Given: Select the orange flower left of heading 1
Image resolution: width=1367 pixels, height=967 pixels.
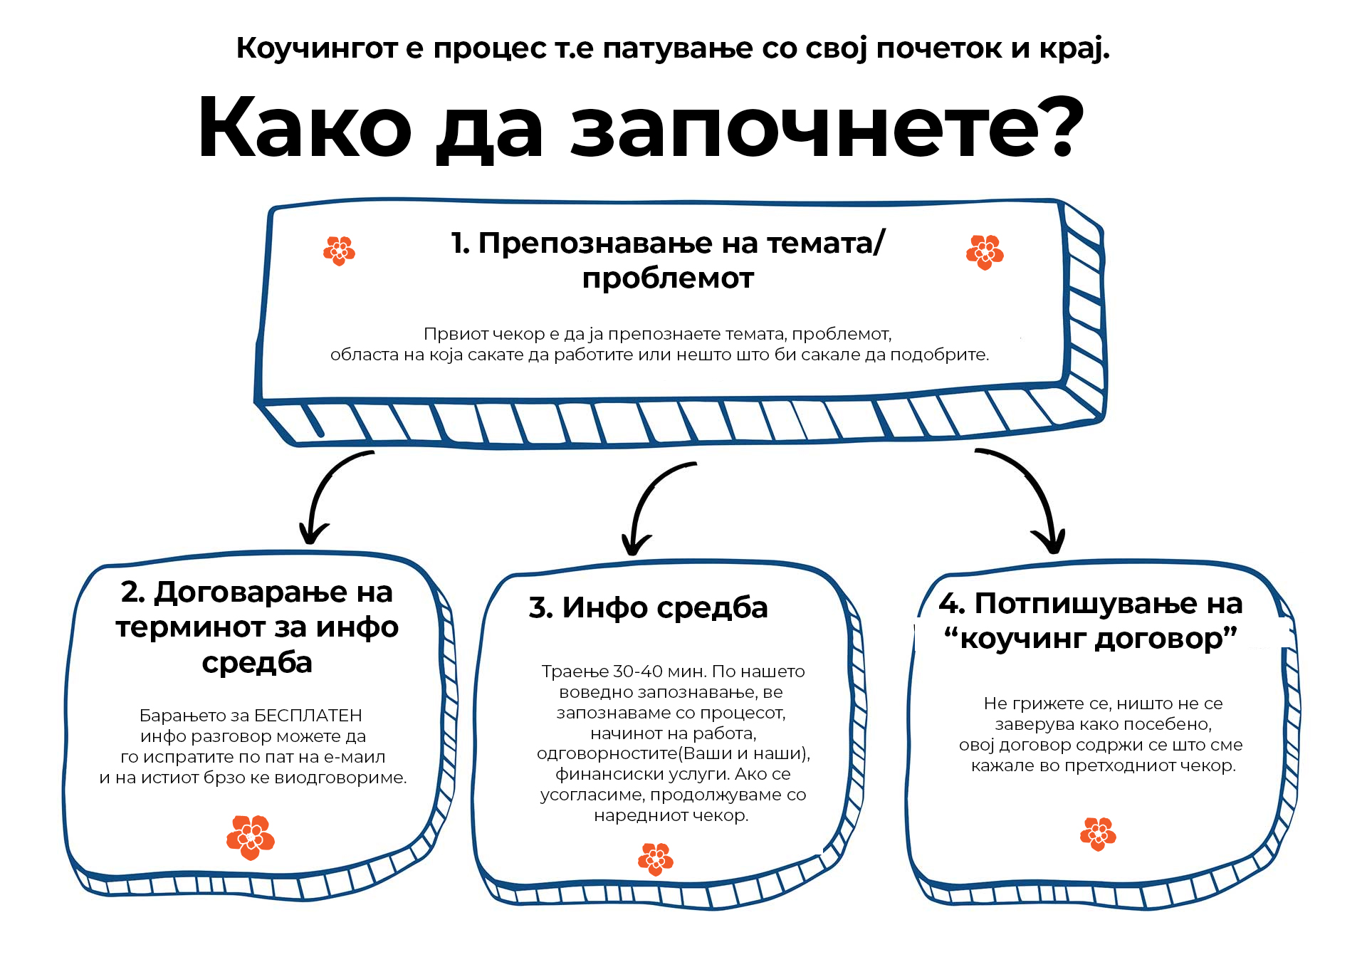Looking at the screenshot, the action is [340, 251].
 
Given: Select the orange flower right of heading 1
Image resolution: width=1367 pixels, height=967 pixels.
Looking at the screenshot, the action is [985, 252].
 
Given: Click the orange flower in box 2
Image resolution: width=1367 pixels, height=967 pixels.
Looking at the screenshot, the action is [251, 837].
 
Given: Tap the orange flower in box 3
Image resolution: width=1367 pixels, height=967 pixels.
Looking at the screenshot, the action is [656, 859].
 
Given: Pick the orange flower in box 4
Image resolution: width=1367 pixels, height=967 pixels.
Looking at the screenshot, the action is [1098, 834].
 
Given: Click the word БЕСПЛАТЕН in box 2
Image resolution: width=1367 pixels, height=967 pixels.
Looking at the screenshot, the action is [308, 716].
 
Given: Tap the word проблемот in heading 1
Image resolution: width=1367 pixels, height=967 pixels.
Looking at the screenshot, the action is [668, 278].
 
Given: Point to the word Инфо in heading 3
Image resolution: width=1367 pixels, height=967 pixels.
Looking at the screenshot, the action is [604, 607].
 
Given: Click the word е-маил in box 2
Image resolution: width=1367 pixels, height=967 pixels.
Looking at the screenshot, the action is [355, 757].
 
